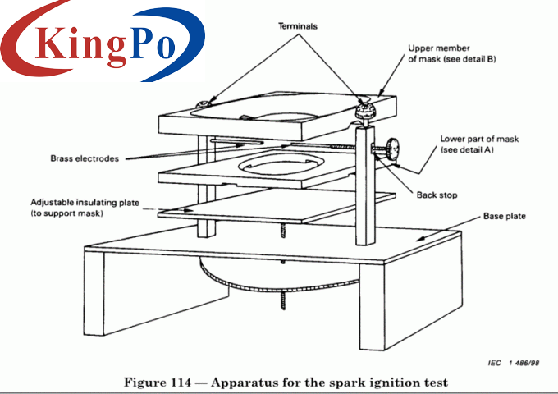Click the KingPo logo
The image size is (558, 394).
click(x=103, y=41)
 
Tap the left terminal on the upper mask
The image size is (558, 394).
click(x=202, y=103)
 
